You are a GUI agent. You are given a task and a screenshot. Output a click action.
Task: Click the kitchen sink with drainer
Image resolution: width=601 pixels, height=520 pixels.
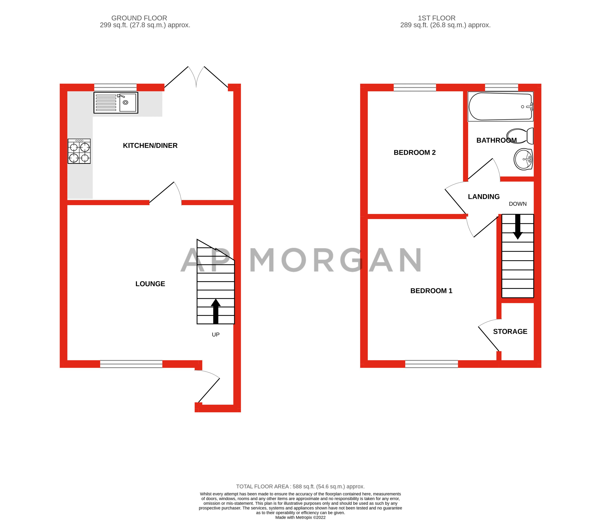pyautogui.click(x=116, y=103)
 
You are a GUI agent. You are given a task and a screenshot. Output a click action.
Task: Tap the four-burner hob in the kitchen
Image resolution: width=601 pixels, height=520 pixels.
pyautogui.click(x=79, y=151)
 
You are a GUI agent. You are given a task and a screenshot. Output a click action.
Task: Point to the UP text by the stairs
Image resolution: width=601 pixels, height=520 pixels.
pyautogui.click(x=216, y=335)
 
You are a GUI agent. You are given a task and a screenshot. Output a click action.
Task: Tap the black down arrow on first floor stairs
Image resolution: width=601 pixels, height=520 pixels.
pyautogui.click(x=518, y=227)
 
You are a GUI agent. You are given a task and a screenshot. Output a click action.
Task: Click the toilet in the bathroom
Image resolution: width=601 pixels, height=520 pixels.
pyautogui.click(x=521, y=136)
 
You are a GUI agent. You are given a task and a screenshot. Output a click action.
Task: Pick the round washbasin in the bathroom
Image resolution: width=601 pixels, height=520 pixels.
pyautogui.click(x=523, y=159)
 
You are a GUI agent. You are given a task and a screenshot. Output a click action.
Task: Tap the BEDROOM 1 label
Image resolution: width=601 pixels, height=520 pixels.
pyautogui.click(x=431, y=291)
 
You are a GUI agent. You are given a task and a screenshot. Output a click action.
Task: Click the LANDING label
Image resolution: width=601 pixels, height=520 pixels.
pyautogui.click(x=484, y=197)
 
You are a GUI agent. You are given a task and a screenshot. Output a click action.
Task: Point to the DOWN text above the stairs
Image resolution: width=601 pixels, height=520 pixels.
pyautogui.click(x=518, y=204)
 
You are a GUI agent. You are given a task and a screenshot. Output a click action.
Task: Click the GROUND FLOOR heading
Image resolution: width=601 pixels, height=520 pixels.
pyautogui.click(x=139, y=18)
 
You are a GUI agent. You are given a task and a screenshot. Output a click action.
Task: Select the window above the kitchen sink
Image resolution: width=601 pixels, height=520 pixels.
pyautogui.click(x=115, y=87)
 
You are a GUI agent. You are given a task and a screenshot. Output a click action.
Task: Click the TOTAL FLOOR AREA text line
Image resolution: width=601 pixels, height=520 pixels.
pyautogui.click(x=300, y=487)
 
